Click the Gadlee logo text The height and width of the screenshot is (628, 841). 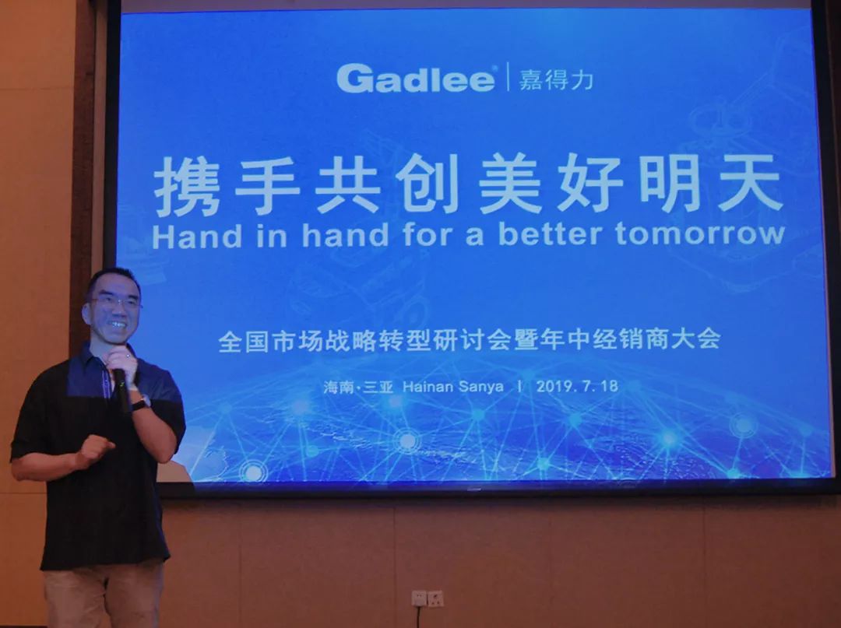click(416, 79)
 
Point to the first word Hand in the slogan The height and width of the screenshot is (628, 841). click(197, 236)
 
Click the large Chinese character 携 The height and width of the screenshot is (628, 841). click(187, 185)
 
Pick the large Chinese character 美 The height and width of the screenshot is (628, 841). click(510, 183)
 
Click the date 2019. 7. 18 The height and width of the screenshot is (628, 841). click(577, 386)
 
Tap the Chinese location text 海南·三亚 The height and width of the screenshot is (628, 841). click(358, 387)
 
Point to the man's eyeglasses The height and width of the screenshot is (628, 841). click(114, 303)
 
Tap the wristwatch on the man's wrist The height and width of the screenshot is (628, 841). click(140, 403)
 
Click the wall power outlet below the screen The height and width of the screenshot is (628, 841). click(428, 598)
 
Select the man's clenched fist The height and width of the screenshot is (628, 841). click(94, 449)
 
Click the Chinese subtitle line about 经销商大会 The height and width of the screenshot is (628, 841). click(470, 339)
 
